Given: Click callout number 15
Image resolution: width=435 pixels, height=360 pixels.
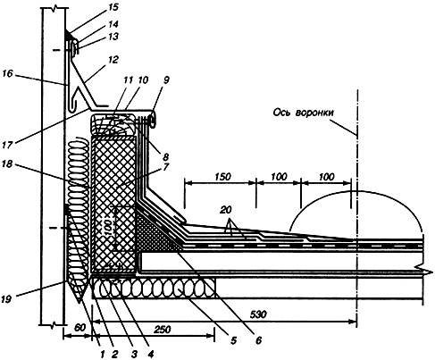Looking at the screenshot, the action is pos(113,7).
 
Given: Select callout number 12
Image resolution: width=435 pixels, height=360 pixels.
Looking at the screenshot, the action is pos(113,60).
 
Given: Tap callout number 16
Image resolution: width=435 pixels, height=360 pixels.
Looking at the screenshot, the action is pos(8,73).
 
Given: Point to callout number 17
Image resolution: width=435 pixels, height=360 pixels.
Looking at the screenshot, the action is pos(8,145).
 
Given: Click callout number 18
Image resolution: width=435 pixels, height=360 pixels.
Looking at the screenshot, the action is pos(7,163).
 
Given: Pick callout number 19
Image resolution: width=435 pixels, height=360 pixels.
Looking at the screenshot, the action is pos(6,299).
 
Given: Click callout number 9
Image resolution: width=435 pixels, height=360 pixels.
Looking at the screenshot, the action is pos(165,80).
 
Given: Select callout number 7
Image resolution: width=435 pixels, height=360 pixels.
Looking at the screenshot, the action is pos(166,167).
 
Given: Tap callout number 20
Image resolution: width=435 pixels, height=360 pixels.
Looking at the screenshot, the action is pos(226,210).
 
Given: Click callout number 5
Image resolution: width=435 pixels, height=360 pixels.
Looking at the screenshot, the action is pos(233,340).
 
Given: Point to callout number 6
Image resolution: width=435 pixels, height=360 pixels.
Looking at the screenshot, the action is pos(258,340).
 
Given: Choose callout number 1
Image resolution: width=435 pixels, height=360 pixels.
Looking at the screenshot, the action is pos(102,355).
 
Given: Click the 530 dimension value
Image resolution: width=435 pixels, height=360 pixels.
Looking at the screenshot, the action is pos(258,314).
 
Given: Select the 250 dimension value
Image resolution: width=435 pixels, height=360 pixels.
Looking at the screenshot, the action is pos(163,329).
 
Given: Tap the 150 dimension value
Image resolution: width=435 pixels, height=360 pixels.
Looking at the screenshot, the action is pos(222,177).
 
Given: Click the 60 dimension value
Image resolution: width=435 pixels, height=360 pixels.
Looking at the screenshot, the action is pos(79,328).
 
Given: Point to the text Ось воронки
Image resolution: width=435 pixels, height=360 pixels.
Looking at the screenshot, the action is pos(303,113).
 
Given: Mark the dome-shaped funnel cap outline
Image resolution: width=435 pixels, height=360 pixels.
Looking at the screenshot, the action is pos(357,191).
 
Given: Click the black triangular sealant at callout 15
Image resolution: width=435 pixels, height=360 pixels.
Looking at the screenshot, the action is pos(69,36).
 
